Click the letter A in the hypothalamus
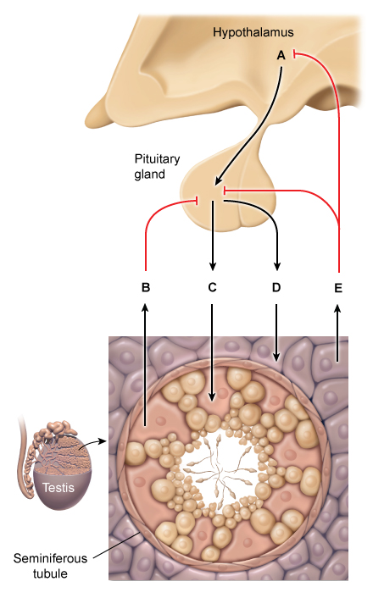tap(281, 55)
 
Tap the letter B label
tap(146, 288)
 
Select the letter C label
tap(213, 288)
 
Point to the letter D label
tap(276, 288)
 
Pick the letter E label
tap(338, 288)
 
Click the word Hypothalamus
tap(253, 32)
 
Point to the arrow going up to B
tap(146, 364)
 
